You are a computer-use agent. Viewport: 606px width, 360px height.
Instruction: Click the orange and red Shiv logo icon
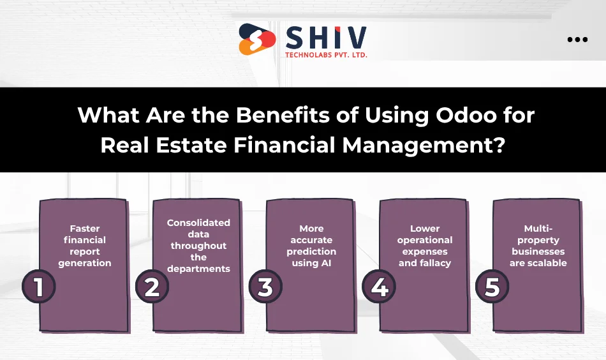tap(257, 40)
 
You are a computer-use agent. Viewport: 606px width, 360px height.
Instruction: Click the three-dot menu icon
tap(577, 40)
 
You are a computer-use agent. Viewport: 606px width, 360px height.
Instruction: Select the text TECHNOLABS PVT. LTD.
tap(326, 54)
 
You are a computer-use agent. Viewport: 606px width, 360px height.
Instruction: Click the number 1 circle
tap(39, 287)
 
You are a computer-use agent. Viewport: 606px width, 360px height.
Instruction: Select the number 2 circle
tap(152, 287)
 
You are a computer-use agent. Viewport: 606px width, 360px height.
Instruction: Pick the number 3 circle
tap(265, 287)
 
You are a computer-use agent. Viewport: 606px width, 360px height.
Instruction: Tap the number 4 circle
tap(379, 287)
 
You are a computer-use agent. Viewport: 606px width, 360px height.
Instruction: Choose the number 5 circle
tap(492, 287)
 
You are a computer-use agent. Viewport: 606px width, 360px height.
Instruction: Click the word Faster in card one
tap(85, 229)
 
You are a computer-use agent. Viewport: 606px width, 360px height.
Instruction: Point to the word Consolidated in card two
tap(198, 223)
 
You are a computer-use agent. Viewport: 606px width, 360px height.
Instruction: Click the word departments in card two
tap(198, 269)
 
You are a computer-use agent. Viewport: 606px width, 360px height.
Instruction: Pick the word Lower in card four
tap(425, 229)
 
